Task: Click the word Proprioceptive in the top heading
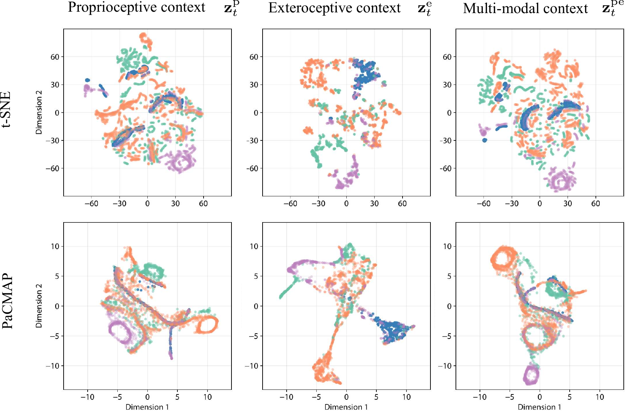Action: tap(102, 8)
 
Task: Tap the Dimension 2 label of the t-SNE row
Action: tap(39, 112)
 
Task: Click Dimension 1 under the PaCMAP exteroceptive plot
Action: tap(346, 407)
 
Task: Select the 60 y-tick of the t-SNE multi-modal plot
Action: tap(447, 57)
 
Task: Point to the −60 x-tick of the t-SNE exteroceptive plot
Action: tap(290, 203)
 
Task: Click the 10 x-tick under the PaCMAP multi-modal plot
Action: tap(600, 397)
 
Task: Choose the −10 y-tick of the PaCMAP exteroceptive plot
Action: tap(252, 366)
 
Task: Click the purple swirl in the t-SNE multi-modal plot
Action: tap(560, 180)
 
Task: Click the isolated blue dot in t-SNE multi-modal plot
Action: tap(485, 140)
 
